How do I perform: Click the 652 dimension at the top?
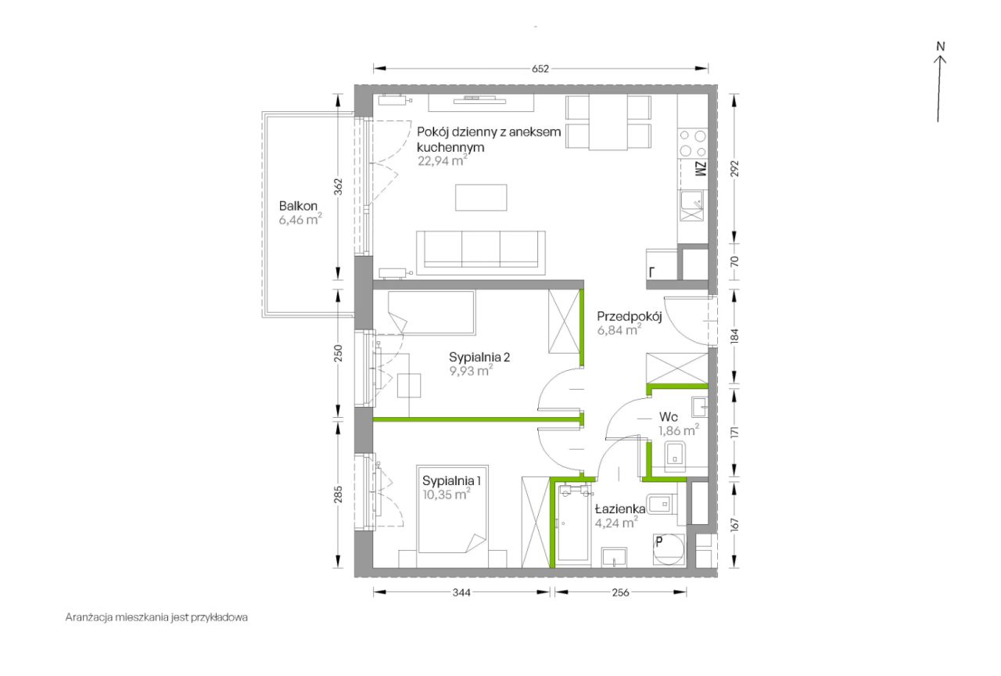[540, 69]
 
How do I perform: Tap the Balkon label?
[298, 206]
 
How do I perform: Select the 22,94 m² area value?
[443, 160]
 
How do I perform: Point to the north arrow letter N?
[941, 46]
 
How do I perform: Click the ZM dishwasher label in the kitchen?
[701, 169]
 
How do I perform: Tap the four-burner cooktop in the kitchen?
[693, 143]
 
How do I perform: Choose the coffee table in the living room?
[481, 197]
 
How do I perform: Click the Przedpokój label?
[630, 317]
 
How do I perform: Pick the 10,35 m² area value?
[447, 494]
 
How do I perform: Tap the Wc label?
[669, 417]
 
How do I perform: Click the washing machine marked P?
[669, 550]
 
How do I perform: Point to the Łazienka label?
[620, 509]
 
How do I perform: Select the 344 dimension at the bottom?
[461, 592]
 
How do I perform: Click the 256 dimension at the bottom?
[621, 592]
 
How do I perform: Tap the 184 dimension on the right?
[734, 336]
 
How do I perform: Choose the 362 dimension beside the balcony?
[339, 187]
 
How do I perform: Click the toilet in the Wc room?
[675, 456]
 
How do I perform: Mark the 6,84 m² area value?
[619, 330]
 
